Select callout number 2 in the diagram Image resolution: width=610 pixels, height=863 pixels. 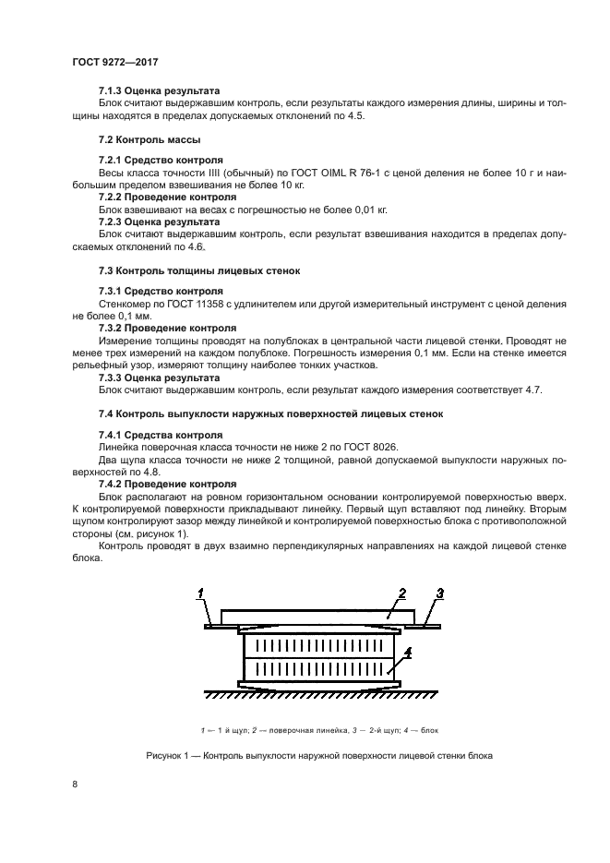(401, 593)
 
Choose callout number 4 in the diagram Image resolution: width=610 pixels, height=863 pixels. (408, 652)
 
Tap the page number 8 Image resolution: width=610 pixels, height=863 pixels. (74, 785)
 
